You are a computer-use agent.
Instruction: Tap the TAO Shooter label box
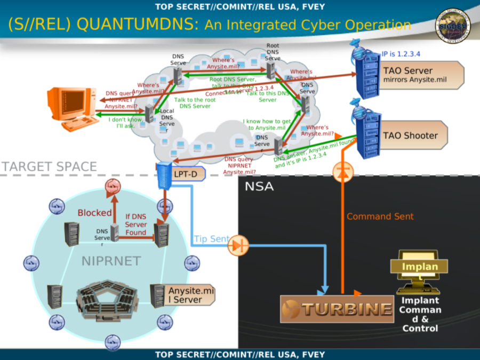point(414,135)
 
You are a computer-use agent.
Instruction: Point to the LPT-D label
point(185,174)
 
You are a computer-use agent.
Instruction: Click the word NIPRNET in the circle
point(111,261)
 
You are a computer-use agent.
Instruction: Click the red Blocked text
point(95,213)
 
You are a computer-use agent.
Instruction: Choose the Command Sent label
point(380,216)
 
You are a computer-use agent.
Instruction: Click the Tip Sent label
point(211,239)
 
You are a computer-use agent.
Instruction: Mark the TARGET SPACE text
point(49,166)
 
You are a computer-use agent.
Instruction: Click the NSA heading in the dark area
point(259,187)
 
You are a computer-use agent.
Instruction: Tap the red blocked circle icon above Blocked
point(113,186)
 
